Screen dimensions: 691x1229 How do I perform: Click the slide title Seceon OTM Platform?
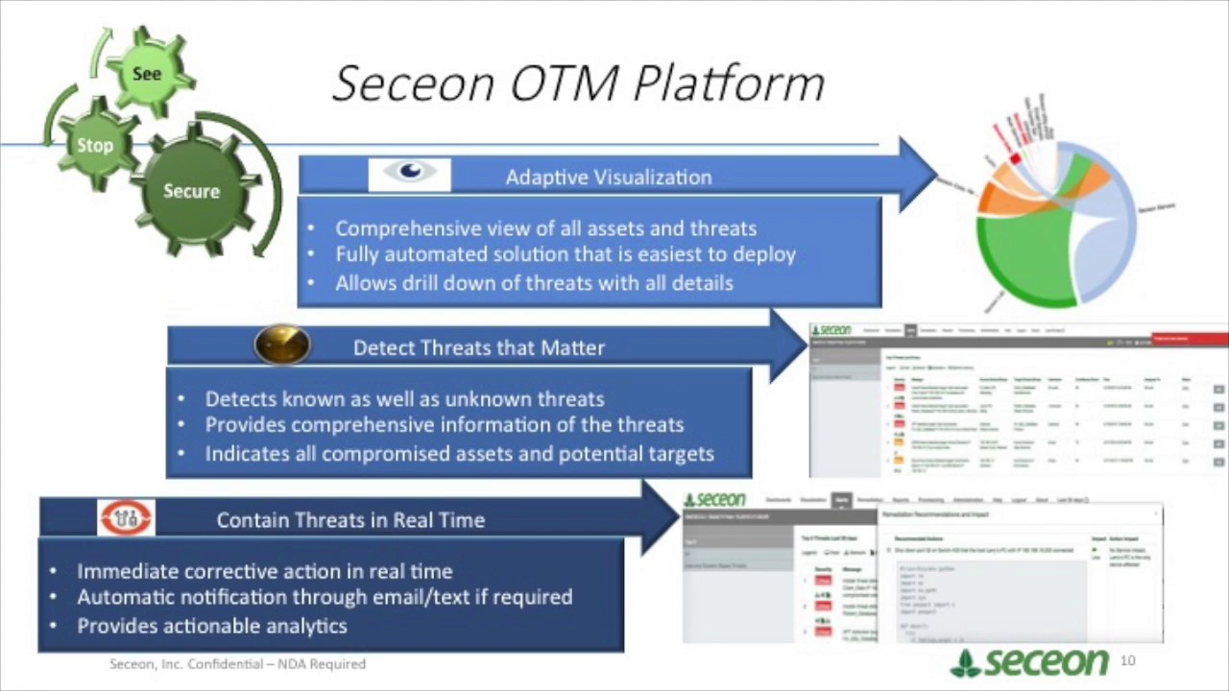click(x=578, y=83)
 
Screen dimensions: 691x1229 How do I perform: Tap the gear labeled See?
click(x=147, y=74)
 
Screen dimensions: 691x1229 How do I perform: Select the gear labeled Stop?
click(x=95, y=146)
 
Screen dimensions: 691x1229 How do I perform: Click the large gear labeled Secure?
click(x=192, y=191)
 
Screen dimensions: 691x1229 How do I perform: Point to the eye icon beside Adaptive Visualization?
click(x=410, y=174)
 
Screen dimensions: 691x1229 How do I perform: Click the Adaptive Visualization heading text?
click(x=609, y=178)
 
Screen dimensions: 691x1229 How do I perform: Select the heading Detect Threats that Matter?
click(x=479, y=347)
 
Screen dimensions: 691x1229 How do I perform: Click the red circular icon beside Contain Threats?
click(x=126, y=518)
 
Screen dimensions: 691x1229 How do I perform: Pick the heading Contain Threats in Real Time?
click(x=350, y=520)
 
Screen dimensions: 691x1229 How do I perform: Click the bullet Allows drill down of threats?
click(x=534, y=283)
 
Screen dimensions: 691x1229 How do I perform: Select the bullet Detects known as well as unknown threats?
click(x=404, y=398)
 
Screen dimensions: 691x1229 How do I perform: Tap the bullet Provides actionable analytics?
click(x=211, y=626)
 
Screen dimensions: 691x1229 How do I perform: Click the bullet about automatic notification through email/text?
click(x=325, y=597)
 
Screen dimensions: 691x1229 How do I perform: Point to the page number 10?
click(x=1127, y=660)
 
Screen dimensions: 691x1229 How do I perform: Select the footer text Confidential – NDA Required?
click(x=237, y=664)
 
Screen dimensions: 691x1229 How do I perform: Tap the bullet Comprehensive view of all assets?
click(x=545, y=228)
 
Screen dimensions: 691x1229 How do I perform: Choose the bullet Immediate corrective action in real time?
click(x=264, y=571)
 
